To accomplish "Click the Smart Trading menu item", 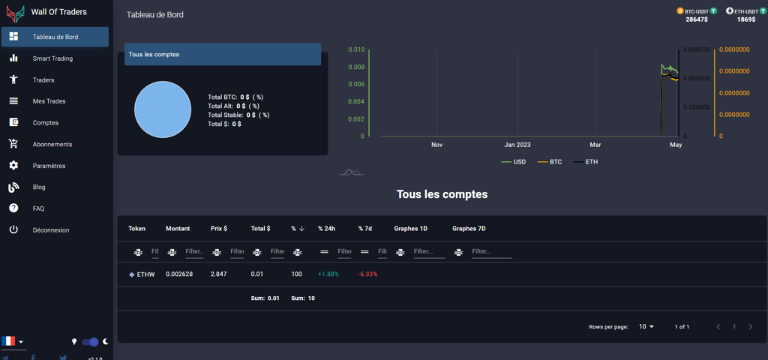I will click(52, 58).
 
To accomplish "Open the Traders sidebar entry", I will click(43, 79).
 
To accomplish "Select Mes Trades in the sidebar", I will click(49, 101).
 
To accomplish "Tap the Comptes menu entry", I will click(45, 122).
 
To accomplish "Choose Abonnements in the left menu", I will click(52, 144).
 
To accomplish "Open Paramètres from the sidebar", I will click(49, 166).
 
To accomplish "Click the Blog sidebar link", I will click(39, 187).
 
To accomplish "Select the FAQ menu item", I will click(38, 208).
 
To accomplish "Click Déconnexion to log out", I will click(51, 230).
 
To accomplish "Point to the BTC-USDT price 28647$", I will click(697, 19).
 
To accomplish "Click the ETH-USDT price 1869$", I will click(745, 19).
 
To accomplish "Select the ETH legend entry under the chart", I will click(591, 162).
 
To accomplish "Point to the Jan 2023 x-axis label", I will click(517, 144).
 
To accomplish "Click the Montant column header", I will click(178, 229).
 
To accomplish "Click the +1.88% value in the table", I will click(328, 274).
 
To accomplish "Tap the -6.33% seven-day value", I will click(367, 274).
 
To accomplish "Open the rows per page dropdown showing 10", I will click(646, 327).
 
